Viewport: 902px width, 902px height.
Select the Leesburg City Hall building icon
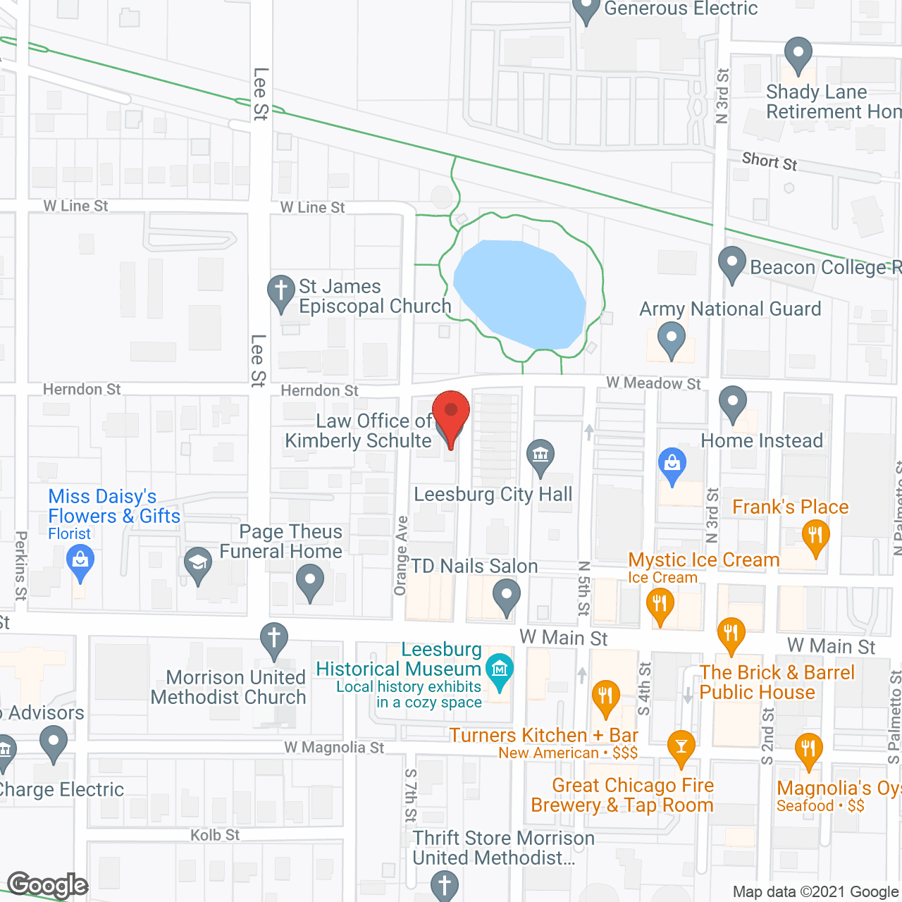coord(540,455)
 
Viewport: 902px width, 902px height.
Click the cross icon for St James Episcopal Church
coord(280,291)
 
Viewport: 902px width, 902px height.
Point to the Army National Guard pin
coord(671,338)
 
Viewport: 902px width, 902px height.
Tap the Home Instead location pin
coord(733,404)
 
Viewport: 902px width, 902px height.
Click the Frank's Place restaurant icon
coord(815,536)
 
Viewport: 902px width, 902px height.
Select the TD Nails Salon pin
coord(506,596)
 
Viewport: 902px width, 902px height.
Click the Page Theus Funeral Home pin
coord(309,582)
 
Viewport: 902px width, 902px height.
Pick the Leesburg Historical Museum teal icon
coord(500,669)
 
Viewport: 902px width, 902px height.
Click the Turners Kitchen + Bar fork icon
coord(605,696)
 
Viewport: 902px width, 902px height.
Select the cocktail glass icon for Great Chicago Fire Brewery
coord(681,746)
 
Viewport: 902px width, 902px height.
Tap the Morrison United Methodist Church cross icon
coord(274,638)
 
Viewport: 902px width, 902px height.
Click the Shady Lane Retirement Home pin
coord(798,54)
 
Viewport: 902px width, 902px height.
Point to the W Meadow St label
coord(653,383)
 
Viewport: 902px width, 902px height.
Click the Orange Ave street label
coord(401,555)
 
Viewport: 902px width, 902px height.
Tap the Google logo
coord(48,885)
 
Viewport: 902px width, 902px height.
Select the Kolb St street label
coord(215,835)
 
